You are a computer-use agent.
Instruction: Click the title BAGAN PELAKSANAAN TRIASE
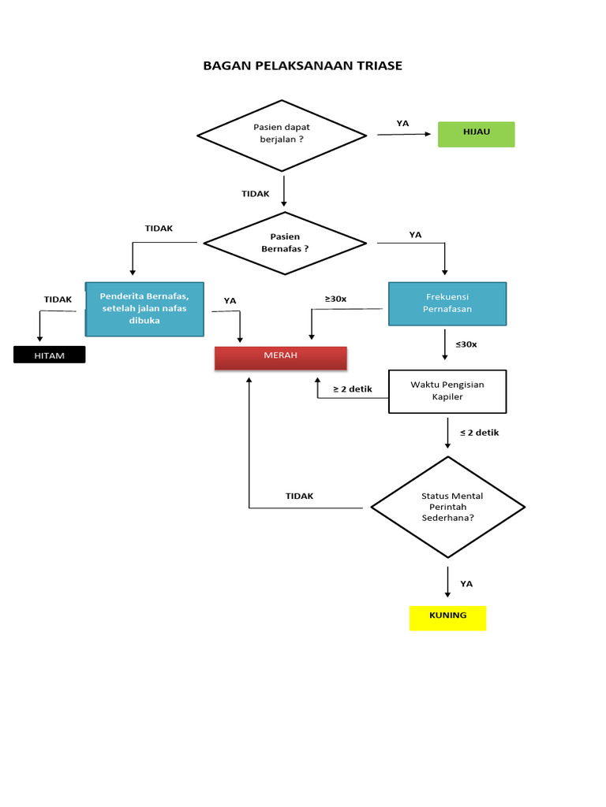pos(302,65)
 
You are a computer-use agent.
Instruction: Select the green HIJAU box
pos(476,134)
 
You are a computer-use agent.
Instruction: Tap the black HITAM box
pos(49,355)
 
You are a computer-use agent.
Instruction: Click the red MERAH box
pos(281,357)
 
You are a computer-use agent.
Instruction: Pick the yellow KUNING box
pos(447,617)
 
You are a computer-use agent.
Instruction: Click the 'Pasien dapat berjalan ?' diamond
pos(282,135)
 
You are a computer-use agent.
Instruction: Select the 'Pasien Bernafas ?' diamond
pos(285,243)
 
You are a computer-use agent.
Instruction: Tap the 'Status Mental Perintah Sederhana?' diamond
pos(447,507)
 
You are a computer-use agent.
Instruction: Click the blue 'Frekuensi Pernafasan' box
pos(447,303)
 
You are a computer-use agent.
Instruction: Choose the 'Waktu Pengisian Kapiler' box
pos(447,391)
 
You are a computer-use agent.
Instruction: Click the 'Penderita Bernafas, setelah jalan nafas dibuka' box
pos(144,309)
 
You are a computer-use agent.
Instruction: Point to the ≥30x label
pos(335,299)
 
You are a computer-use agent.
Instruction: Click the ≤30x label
pos(466,344)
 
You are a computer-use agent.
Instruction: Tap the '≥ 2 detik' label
pos(352,389)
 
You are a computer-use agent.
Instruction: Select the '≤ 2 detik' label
pos(479,432)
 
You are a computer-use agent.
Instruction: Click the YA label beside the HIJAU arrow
pos(402,123)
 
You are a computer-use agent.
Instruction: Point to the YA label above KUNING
pos(466,584)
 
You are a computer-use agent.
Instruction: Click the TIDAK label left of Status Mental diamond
pos(299,496)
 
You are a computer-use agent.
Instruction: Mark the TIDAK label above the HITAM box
pos(58,299)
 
